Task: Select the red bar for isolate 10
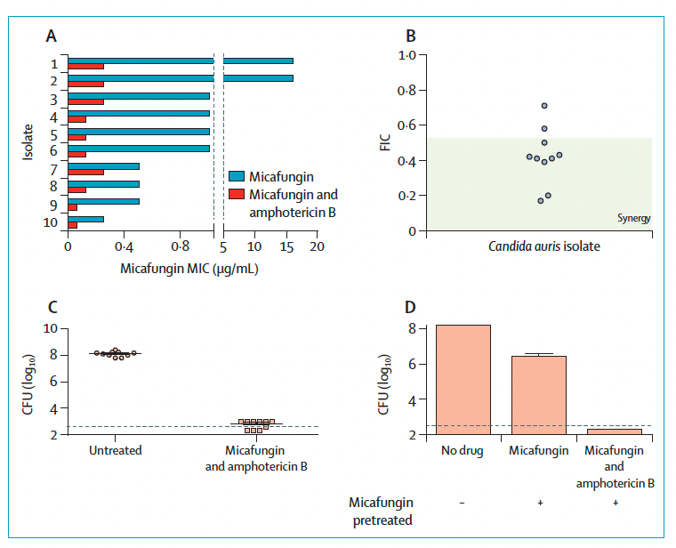72,225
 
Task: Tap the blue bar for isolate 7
103,165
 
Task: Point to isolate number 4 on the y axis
54,116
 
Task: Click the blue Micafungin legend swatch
236,177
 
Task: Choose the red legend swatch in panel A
236,194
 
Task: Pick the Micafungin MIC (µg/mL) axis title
189,266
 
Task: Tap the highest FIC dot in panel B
543,106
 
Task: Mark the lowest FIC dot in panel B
541,200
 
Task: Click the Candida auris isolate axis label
543,246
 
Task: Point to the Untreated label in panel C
116,449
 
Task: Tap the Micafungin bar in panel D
539,395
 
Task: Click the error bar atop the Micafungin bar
539,354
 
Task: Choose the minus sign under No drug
463,504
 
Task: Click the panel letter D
410,308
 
